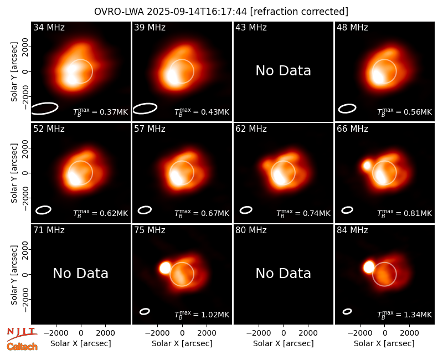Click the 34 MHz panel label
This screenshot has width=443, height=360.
[49, 27]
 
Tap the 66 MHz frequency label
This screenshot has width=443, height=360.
[352, 129]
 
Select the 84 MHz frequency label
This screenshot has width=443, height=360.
[352, 230]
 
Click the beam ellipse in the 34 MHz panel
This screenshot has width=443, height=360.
[44, 109]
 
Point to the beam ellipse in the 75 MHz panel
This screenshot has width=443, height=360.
[145, 311]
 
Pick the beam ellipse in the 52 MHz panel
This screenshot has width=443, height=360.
[43, 210]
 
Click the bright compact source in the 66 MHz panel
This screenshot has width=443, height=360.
[367, 165]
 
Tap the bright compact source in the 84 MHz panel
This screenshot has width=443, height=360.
[368, 267]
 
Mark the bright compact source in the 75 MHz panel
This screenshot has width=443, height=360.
[165, 268]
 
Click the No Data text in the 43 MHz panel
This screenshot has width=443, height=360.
[283, 71]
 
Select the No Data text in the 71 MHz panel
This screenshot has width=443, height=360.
[80, 274]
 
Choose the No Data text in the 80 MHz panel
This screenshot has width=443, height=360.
[283, 274]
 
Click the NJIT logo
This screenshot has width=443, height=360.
[22, 334]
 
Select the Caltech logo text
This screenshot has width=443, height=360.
[22, 347]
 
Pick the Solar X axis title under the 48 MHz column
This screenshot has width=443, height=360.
[384, 343]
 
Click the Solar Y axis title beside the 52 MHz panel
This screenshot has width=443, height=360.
[14, 173]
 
